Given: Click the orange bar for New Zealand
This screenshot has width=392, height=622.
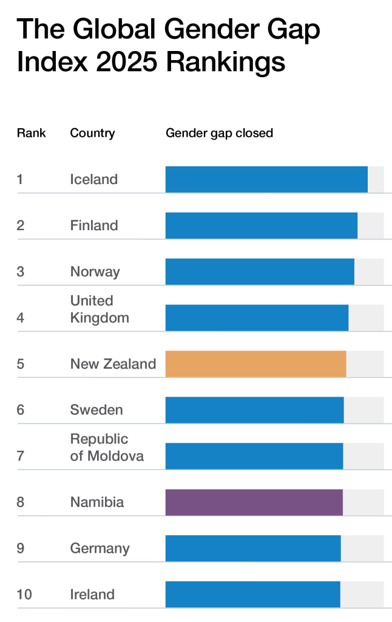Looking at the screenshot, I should coord(255,364).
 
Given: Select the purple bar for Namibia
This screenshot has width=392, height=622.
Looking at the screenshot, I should coord(254,502).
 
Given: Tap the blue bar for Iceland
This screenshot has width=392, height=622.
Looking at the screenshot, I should coord(266,179).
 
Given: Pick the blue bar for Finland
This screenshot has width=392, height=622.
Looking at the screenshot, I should coord(261,225).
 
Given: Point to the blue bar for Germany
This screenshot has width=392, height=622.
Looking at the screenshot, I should coord(253,549).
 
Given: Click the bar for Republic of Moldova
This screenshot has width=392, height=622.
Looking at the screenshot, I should coord(254,456).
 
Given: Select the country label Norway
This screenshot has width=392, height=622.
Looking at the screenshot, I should coord(95,272).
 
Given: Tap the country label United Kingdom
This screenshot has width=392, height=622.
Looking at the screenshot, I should coord(99,309).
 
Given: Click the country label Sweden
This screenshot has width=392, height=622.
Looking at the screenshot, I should coord(96,410).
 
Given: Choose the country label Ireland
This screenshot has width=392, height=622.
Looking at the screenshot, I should coord(92,595).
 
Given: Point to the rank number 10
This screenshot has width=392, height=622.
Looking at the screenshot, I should coord(24,595).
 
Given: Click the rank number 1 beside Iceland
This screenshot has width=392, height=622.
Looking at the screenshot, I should coord(20,179).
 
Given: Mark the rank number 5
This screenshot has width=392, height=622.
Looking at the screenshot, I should coord(21,364).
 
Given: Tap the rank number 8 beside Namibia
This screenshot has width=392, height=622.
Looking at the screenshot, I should coord(21,502).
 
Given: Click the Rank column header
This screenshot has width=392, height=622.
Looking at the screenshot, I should coord(31,133).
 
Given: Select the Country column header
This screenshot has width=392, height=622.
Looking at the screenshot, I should coord(92,133).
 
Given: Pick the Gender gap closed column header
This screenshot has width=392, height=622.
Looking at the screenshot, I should coord(219,133).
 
